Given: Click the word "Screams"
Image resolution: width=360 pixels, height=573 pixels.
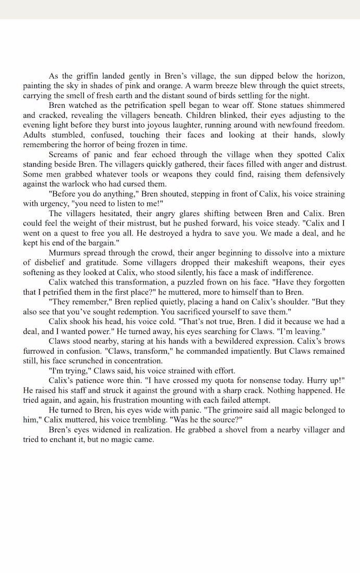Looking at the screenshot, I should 63,155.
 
